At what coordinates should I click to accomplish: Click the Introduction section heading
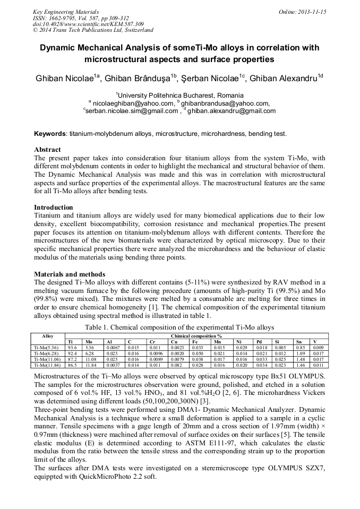click(x=54, y=207)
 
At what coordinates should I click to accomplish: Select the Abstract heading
click(x=47, y=150)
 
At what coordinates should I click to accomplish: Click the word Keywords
click(x=50, y=134)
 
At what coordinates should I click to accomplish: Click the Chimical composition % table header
click(x=196, y=336)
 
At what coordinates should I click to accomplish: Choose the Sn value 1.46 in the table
click(x=299, y=365)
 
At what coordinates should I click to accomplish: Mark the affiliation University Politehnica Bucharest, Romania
click(x=181, y=94)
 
